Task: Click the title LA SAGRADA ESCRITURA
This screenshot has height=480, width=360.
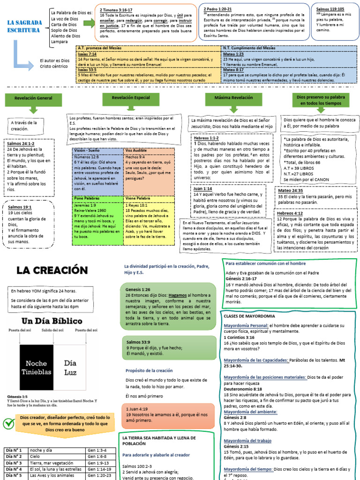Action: (23, 26)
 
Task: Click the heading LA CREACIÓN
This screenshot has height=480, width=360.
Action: (52, 270)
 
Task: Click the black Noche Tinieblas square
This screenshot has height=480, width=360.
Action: (37, 367)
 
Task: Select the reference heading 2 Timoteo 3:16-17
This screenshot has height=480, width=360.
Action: (116, 9)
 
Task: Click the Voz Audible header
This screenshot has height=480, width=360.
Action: (135, 150)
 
